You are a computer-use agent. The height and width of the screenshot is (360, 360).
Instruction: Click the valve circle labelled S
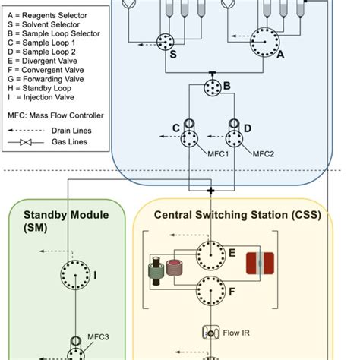click(166, 43)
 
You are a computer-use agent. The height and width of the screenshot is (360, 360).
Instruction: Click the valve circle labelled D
click(233, 139)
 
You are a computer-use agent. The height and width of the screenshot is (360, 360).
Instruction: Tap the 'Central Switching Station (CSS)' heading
click(237, 215)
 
